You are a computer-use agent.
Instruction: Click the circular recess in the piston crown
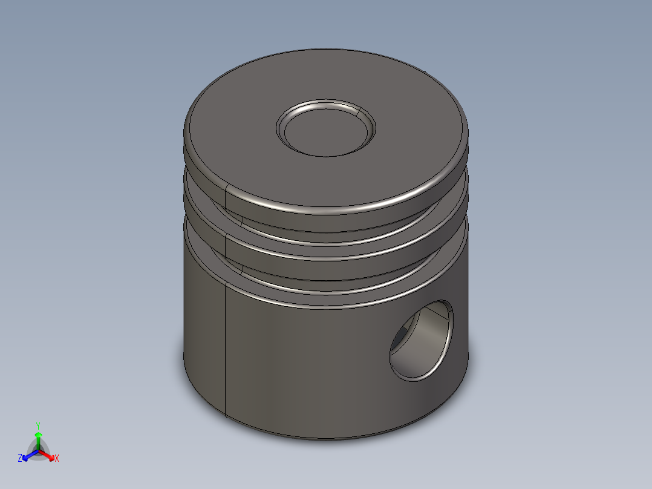coord(325,131)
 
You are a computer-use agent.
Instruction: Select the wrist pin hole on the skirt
coord(421,342)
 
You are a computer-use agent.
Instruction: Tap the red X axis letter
coord(57,459)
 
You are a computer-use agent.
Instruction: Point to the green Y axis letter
coord(37,425)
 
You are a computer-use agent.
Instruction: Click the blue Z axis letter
coord(20,459)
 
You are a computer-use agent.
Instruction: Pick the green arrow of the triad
coord(38,437)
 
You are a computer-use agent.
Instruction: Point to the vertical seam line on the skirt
coord(226,351)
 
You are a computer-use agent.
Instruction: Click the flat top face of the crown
coord(242,139)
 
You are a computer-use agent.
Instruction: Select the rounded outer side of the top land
coord(339,206)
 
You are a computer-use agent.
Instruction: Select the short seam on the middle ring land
coord(225,245)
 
